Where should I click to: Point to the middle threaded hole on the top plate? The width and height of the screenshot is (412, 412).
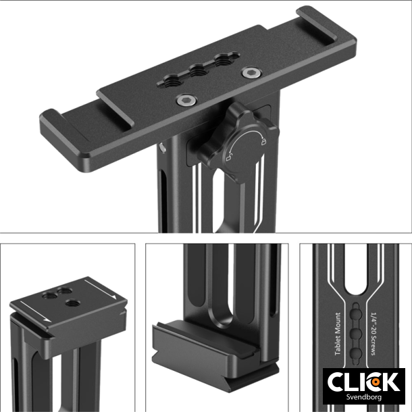click(x=199, y=70)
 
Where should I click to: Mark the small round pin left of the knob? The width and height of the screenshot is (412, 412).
click(x=165, y=145)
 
